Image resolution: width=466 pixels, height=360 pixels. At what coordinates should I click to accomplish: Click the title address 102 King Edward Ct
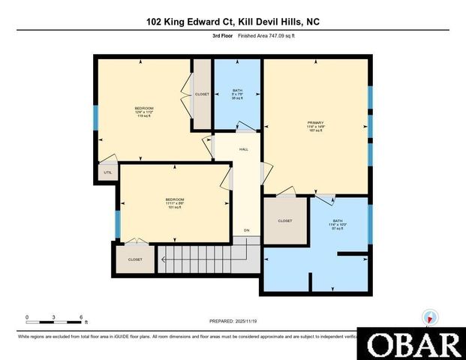[233, 22]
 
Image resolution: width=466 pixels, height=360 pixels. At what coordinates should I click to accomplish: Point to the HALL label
[244, 149]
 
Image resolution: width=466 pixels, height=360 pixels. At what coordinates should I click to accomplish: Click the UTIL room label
[107, 172]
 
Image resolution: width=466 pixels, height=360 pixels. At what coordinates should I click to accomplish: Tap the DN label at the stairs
[245, 229]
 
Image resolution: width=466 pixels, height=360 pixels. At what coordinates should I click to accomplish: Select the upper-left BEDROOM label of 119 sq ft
[143, 108]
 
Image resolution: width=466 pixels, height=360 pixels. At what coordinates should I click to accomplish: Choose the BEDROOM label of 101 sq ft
[175, 199]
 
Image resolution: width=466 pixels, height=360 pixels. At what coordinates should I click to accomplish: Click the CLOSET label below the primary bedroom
[284, 221]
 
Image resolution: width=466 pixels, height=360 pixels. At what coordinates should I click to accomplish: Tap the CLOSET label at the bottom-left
[135, 259]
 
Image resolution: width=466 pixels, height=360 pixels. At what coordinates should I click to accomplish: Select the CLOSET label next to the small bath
[202, 94]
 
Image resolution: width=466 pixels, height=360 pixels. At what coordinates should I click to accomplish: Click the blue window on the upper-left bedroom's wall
[95, 118]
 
